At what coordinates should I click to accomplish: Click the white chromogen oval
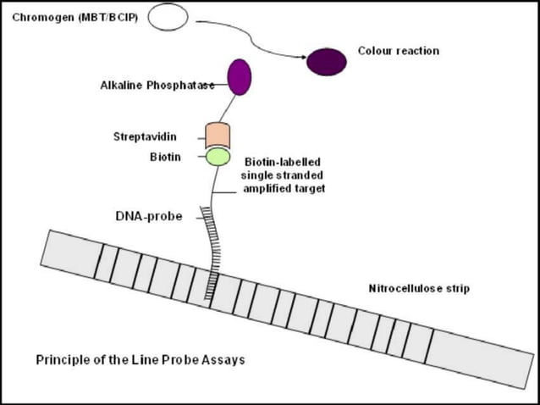[x=169, y=16]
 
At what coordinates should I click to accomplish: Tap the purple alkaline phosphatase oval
[x=239, y=76]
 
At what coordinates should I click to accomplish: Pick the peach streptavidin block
[x=218, y=135]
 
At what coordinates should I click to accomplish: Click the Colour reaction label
[x=399, y=51]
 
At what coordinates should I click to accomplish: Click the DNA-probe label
[x=149, y=216]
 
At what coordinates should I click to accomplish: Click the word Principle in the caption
[x=60, y=359]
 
